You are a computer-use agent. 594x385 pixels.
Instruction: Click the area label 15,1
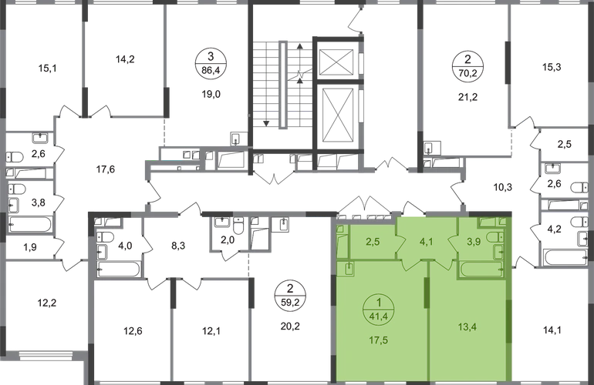click(47, 69)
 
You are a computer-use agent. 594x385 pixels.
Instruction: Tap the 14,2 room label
click(125, 59)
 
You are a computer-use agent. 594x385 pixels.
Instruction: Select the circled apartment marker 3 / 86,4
click(211, 64)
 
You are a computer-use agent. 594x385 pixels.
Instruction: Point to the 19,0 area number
click(211, 94)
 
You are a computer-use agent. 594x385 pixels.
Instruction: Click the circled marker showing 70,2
click(467, 66)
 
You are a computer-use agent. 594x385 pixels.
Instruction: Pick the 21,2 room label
click(467, 97)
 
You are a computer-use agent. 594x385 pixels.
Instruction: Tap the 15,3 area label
click(552, 67)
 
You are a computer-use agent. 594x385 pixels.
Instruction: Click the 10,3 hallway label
click(503, 187)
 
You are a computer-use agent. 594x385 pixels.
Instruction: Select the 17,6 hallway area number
click(106, 169)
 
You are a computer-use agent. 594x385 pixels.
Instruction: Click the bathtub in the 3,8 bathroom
click(30, 224)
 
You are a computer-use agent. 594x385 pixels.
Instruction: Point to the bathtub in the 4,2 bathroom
click(565, 257)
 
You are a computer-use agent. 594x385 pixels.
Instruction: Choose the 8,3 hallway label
click(178, 246)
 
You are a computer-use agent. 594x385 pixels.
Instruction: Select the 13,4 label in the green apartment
click(467, 326)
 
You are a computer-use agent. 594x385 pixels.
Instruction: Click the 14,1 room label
click(552, 330)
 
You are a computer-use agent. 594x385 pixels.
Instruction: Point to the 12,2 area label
click(47, 303)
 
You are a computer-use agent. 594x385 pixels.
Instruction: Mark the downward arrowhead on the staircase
click(266, 123)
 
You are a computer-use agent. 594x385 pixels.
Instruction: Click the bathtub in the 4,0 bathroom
click(119, 269)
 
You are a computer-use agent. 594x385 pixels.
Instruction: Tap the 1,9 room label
click(30, 247)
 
